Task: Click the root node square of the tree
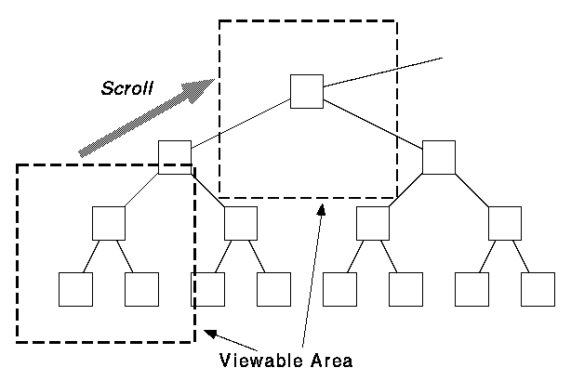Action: point(306,90)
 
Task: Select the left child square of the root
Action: point(174,157)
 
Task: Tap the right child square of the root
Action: point(438,157)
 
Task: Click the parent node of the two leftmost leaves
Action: point(109,223)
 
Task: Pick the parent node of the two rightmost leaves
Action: point(504,223)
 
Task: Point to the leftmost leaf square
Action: point(75,289)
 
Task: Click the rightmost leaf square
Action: point(538,289)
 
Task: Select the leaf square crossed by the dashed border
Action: point(207,289)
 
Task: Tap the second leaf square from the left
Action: point(141,289)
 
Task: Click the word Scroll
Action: point(127,87)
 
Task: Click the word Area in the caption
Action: point(332,360)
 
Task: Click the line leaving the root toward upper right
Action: point(381,72)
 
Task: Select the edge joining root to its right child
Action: point(372,124)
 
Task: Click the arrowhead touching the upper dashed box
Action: point(321,209)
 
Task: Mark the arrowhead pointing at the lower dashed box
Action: point(212,333)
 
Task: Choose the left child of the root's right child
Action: point(372,223)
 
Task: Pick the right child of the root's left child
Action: point(240,223)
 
